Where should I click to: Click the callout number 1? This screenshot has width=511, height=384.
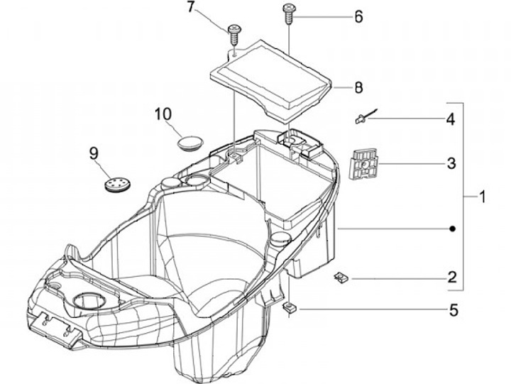483,194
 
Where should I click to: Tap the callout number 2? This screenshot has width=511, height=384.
451,278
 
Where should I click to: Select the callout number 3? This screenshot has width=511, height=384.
451,164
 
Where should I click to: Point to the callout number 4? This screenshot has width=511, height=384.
451,119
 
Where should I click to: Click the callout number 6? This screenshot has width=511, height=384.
358,16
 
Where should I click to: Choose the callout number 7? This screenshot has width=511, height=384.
190,8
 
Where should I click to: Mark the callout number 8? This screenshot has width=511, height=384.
358,88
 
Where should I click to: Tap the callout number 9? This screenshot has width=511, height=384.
93,152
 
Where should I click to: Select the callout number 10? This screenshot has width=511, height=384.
163,113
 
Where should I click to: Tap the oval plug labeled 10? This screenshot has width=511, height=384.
189,141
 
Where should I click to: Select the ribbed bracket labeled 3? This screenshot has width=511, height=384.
365,165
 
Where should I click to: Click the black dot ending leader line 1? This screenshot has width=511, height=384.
451,229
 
